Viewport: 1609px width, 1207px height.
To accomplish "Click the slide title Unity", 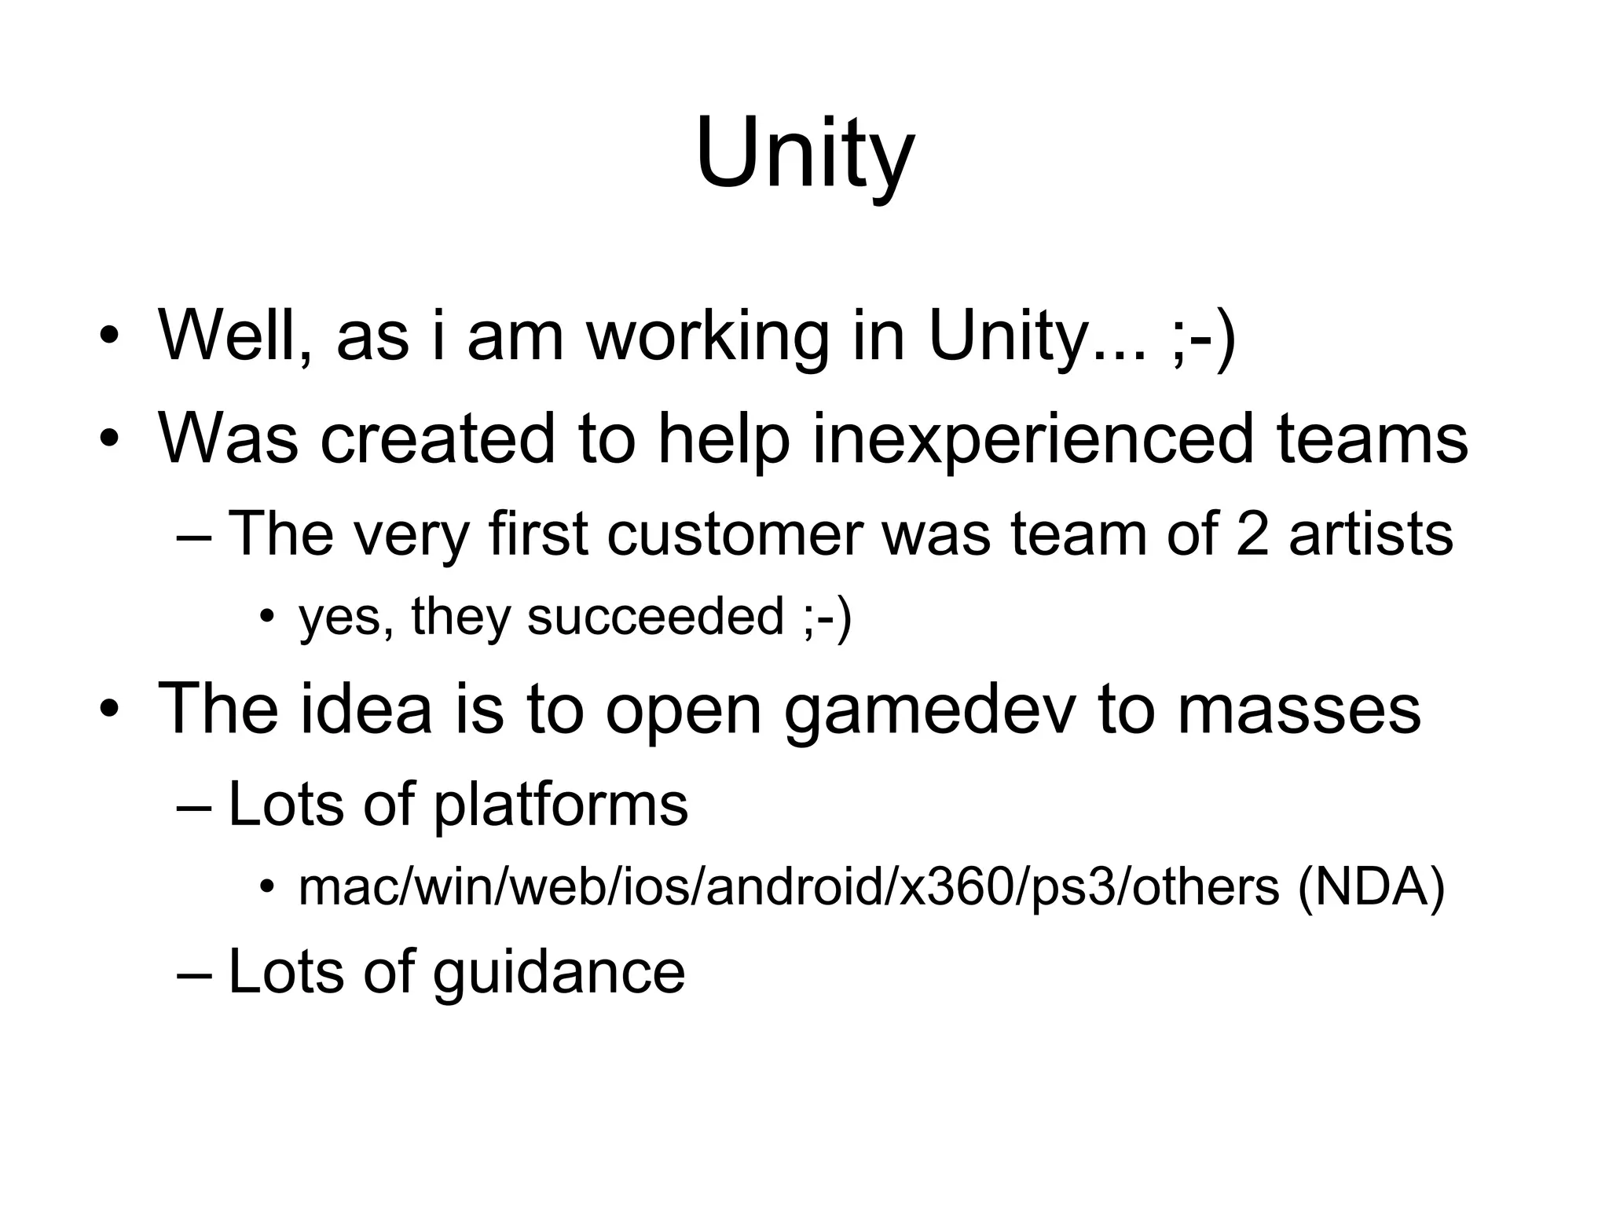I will pyautogui.click(x=804, y=153).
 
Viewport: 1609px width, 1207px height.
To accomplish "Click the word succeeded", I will pyautogui.click(x=655, y=616).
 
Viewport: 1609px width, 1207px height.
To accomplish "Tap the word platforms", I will pyautogui.click(x=560, y=805).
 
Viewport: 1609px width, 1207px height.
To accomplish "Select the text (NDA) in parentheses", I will pyautogui.click(x=1370, y=888).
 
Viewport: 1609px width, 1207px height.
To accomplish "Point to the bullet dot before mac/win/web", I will pyautogui.click(x=267, y=888).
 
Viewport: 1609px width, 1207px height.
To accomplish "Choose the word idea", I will pyautogui.click(x=365, y=709).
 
